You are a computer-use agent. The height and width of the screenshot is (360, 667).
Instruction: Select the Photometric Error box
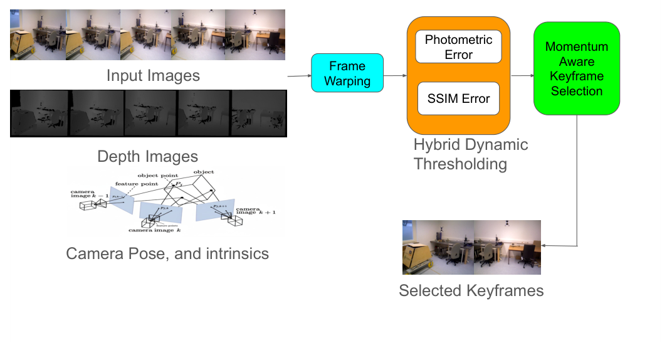[458, 47]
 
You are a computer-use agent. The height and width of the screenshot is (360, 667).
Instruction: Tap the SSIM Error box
[458, 98]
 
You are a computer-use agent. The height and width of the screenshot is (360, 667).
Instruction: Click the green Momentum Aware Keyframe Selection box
[577, 69]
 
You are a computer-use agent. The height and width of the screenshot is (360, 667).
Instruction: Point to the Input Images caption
[153, 76]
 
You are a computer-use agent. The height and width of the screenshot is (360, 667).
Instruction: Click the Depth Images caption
[148, 156]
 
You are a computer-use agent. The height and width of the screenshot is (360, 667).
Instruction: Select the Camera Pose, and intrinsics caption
[167, 254]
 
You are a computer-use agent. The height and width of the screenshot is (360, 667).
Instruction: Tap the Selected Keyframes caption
[471, 291]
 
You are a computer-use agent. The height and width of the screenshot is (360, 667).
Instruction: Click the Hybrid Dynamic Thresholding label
[470, 154]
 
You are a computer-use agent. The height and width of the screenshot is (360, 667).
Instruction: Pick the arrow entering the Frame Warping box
[300, 77]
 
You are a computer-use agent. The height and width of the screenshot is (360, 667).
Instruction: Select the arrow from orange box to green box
[522, 77]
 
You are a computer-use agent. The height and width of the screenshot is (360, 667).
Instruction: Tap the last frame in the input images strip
[259, 34]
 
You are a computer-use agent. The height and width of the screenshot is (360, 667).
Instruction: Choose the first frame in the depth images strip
[39, 114]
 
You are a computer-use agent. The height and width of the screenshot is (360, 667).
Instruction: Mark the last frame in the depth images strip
[259, 114]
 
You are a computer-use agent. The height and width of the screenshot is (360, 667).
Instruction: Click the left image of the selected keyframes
[438, 247]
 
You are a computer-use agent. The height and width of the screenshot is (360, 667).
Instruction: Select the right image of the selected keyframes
[507, 247]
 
